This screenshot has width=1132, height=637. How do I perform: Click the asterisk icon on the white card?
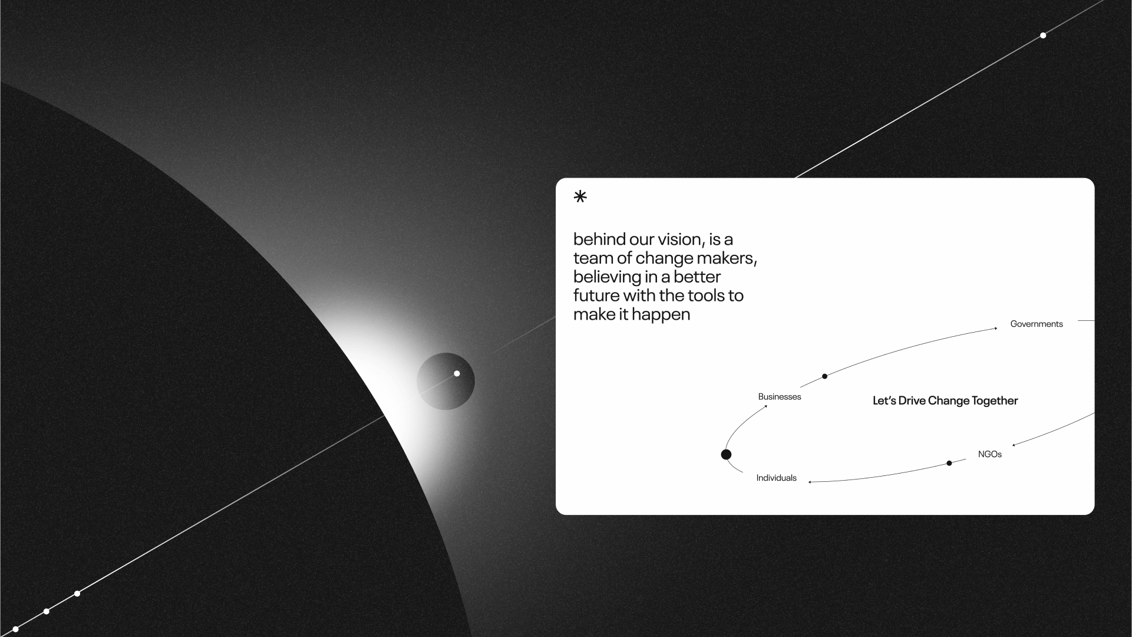(x=580, y=196)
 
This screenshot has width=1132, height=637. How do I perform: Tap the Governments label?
(x=1037, y=324)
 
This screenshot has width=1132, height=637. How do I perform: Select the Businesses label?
(x=780, y=397)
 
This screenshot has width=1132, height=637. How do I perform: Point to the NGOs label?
(x=990, y=454)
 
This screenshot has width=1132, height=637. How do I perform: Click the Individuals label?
(x=777, y=478)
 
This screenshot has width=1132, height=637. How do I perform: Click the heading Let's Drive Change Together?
(x=945, y=401)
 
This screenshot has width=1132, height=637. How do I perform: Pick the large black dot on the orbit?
(x=727, y=454)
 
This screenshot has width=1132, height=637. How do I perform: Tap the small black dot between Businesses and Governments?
(x=825, y=376)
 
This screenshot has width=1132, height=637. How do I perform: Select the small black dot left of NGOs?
(x=949, y=463)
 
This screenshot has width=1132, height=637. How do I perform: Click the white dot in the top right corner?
(x=1043, y=35)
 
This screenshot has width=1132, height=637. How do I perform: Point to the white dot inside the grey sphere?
(x=457, y=373)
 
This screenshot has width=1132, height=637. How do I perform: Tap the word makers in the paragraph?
(x=725, y=258)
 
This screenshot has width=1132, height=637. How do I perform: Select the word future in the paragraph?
(x=596, y=295)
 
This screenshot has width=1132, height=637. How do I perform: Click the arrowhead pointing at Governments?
(x=996, y=328)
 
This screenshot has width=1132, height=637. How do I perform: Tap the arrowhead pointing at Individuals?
(x=810, y=482)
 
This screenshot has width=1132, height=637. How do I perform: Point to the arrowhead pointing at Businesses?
(x=765, y=406)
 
